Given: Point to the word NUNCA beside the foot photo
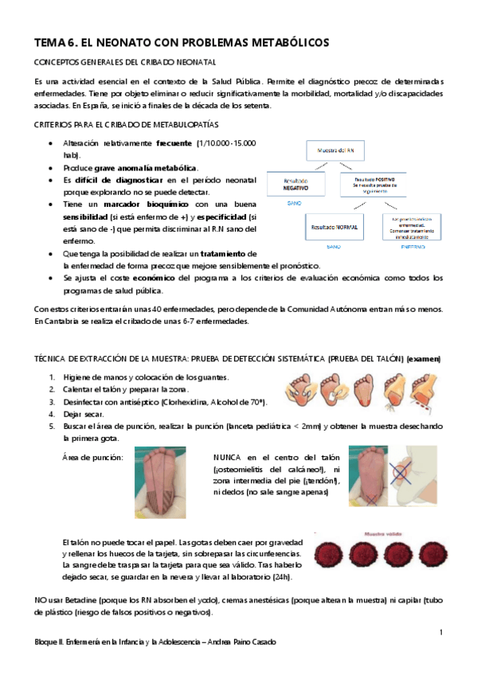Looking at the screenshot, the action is (x=230, y=457).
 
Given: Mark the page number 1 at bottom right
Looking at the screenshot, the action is (x=440, y=632).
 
